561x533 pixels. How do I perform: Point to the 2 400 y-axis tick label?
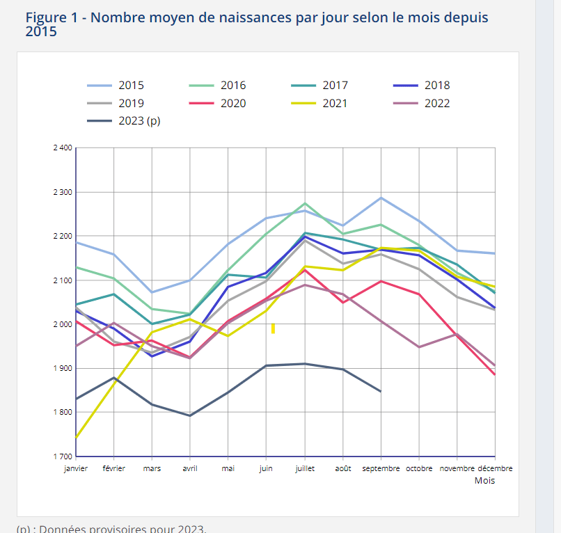[x=62, y=148]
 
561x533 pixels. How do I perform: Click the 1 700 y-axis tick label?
[x=62, y=456]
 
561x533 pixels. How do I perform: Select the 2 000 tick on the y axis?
[x=62, y=324]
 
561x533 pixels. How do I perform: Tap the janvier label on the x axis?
[x=76, y=469]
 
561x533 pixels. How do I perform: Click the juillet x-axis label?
[x=304, y=469]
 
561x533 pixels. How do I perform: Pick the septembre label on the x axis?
[x=381, y=469]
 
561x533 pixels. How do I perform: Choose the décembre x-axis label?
[x=495, y=469]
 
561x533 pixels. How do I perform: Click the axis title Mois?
[x=484, y=481]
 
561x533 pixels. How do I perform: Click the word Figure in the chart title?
[x=48, y=17]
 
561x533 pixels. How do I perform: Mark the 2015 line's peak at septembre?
[x=381, y=198]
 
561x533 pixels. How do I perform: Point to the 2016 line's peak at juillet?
[x=304, y=203]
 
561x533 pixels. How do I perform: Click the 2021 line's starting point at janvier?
[x=76, y=438]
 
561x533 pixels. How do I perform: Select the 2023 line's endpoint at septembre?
[x=381, y=391]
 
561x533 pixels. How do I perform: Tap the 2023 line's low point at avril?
[x=190, y=415]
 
